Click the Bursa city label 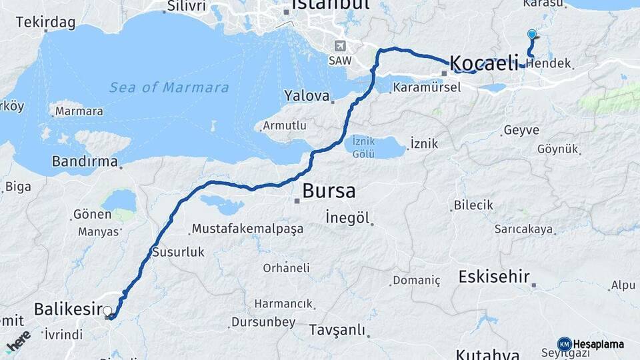click(329, 191)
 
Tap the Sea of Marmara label click(169, 87)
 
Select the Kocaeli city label click(484, 63)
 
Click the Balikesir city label click(67, 309)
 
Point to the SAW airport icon click(341, 46)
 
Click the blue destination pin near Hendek click(531, 35)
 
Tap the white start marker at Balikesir click(107, 310)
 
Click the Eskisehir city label click(494, 277)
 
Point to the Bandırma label click(85, 161)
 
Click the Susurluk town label click(178, 252)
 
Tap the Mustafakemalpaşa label click(247, 229)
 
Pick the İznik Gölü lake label click(364, 147)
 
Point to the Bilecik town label click(473, 205)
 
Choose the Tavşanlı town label click(337, 330)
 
